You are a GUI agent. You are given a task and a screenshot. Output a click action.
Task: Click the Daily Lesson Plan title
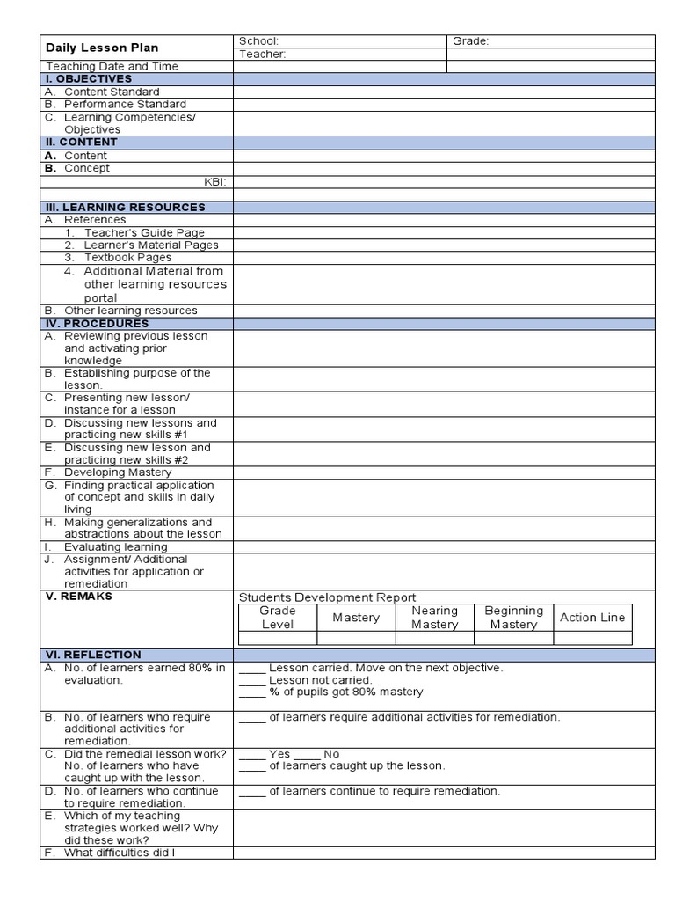[102, 48]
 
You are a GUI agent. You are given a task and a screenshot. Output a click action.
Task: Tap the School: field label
[258, 41]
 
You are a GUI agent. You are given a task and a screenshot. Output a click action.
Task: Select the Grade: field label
[470, 41]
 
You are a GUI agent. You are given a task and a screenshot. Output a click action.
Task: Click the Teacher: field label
[262, 55]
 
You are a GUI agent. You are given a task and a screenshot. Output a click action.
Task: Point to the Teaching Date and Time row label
[112, 67]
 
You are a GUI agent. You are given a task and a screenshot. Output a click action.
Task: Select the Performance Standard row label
[125, 104]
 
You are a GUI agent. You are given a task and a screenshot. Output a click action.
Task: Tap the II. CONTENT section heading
[81, 142]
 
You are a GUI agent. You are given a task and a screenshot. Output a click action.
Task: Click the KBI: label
[215, 181]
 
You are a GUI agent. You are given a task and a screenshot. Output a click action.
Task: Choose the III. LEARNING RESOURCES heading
[125, 207]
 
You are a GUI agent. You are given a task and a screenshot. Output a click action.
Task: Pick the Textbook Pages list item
[127, 258]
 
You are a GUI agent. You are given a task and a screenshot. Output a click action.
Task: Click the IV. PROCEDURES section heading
[97, 323]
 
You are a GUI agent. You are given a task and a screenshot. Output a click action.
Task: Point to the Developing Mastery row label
[118, 472]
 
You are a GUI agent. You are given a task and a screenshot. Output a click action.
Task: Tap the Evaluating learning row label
[115, 546]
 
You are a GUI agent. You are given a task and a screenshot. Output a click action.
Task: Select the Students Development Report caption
[327, 597]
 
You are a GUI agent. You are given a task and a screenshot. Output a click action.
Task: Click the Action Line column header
[592, 618]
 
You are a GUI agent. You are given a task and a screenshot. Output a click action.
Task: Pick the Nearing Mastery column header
[434, 618]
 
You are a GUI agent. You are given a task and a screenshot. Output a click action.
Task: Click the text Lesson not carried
[320, 680]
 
